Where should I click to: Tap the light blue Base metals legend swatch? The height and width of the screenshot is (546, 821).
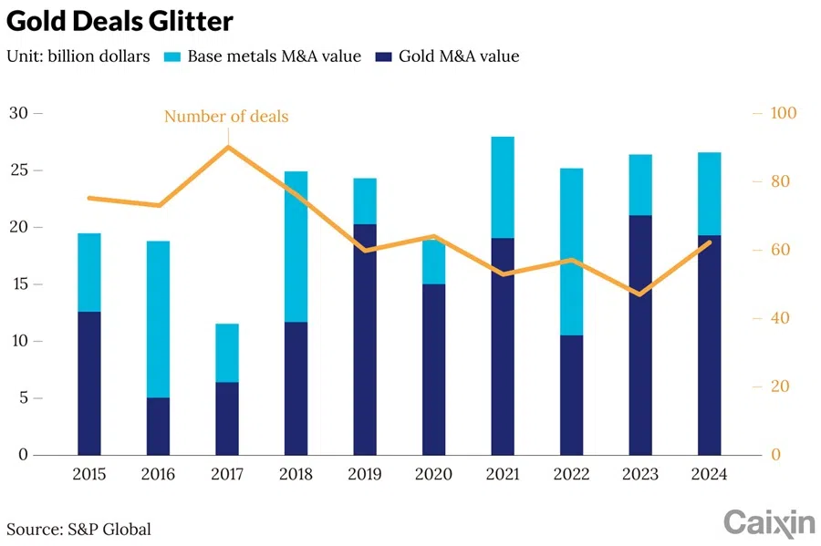[171, 57]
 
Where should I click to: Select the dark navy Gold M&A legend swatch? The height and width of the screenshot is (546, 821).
[387, 57]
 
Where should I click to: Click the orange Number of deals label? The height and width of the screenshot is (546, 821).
[226, 116]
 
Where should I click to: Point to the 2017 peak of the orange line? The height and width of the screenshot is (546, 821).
[227, 147]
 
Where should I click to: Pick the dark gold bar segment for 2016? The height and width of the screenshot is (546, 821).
[158, 426]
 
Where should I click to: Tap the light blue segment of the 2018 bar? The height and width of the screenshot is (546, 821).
[296, 246]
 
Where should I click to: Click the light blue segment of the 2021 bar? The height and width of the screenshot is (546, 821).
[503, 187]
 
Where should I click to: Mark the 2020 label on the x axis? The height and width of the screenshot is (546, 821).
[433, 475]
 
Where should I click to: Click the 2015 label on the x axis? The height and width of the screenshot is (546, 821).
[88, 475]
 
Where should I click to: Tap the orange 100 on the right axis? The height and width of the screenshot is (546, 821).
[784, 113]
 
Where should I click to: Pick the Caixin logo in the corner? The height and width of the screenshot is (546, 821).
[768, 521]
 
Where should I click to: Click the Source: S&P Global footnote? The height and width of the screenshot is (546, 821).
[78, 529]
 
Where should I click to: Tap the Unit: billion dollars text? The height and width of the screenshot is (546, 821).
[78, 57]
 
